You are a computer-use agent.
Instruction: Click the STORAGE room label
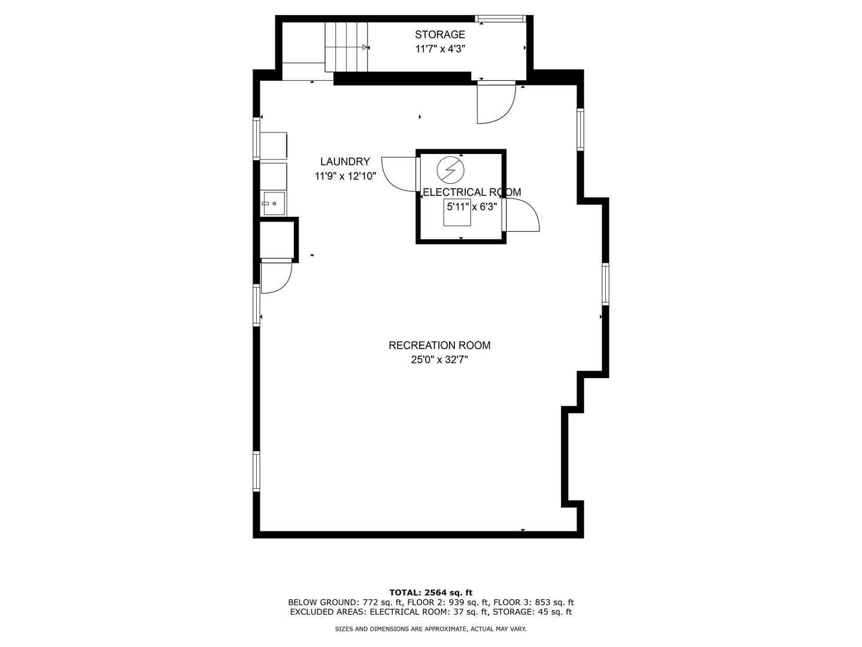tap(440, 35)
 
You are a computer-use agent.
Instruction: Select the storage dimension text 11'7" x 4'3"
tap(440, 49)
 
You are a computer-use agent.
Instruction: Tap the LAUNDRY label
tap(345, 162)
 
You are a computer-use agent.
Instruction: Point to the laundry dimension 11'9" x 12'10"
tap(345, 176)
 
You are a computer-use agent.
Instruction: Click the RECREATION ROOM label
tap(439, 346)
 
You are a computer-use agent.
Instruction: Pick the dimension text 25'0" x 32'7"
tap(439, 360)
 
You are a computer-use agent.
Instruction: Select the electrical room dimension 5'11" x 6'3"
tap(472, 207)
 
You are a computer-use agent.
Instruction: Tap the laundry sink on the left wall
tap(274, 204)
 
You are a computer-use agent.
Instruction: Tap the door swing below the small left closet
tap(275, 277)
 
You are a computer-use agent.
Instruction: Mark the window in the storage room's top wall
tap(500, 19)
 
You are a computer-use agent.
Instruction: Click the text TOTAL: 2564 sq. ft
tap(430, 592)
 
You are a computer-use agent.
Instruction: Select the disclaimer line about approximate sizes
tap(430, 629)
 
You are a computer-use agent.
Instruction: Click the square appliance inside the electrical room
tap(457, 213)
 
